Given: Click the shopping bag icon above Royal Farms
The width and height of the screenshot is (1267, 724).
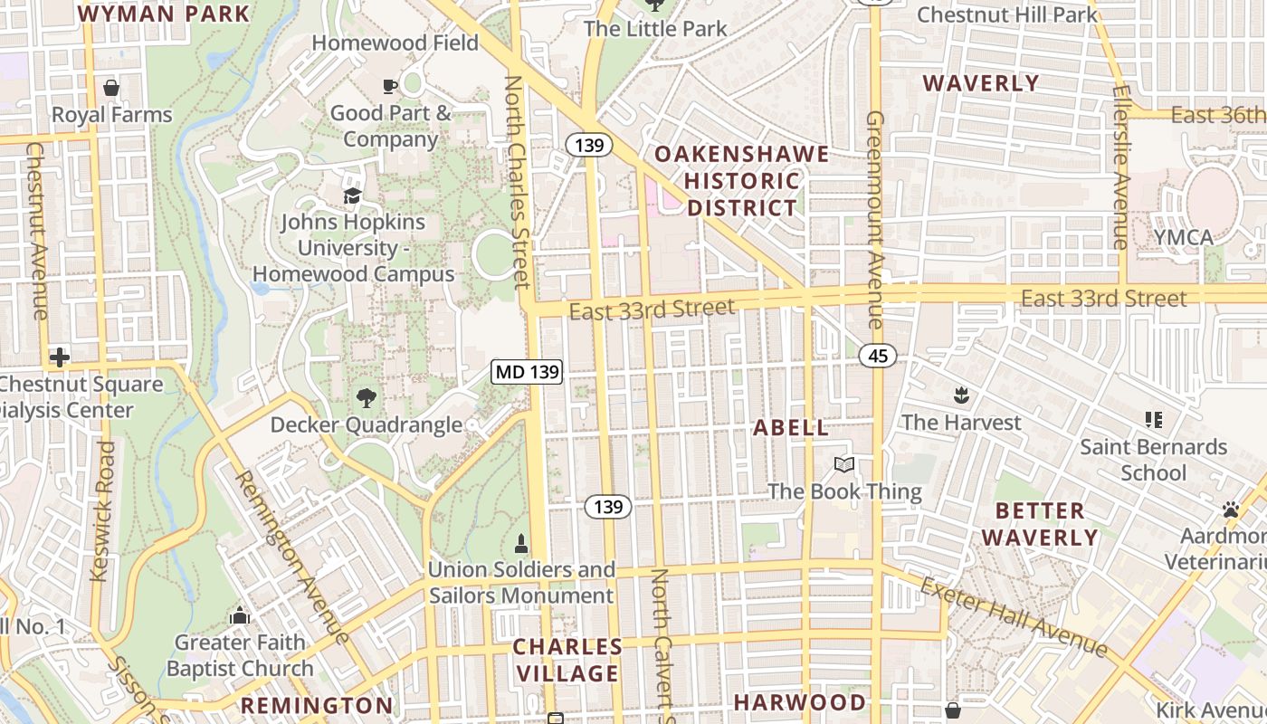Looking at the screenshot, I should pos(111,88).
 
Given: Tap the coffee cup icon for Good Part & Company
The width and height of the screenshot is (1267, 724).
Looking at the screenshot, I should pos(390,86).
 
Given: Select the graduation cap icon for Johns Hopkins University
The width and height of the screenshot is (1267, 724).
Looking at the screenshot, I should pos(352,195).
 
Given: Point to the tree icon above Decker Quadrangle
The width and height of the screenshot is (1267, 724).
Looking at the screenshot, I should pos(366,397).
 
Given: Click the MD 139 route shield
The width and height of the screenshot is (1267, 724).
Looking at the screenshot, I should pos(528,371).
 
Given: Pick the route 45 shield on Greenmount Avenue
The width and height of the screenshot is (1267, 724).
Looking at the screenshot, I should pos(878,356).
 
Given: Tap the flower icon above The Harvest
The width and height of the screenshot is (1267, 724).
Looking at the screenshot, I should pos(960,395).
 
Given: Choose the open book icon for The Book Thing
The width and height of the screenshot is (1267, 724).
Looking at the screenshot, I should pos(844,464).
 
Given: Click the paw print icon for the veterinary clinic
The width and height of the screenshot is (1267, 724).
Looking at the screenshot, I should pos(1230,510).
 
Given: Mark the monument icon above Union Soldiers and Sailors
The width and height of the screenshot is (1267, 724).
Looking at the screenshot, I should pos(521,543).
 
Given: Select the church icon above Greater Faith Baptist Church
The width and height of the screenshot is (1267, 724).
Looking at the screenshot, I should pos(240,616).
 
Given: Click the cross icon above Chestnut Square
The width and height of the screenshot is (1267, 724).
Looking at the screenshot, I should pos(60,357).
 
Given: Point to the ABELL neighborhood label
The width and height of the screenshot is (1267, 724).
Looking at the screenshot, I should pos(791,428).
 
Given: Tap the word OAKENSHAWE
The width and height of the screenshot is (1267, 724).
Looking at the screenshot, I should pos(741,154).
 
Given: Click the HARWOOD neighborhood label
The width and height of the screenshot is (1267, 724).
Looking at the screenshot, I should pos(799,702).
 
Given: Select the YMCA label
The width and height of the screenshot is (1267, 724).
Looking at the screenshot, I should pos(1183,237).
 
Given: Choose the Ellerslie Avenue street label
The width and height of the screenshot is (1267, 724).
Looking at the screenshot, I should pos(1120,167).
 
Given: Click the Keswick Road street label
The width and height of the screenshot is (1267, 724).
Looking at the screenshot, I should pos(103,511).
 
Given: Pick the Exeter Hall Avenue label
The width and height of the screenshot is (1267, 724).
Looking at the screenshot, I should pos(1014,616).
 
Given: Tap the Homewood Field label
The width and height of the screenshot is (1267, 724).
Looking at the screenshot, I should pos(395,43).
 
